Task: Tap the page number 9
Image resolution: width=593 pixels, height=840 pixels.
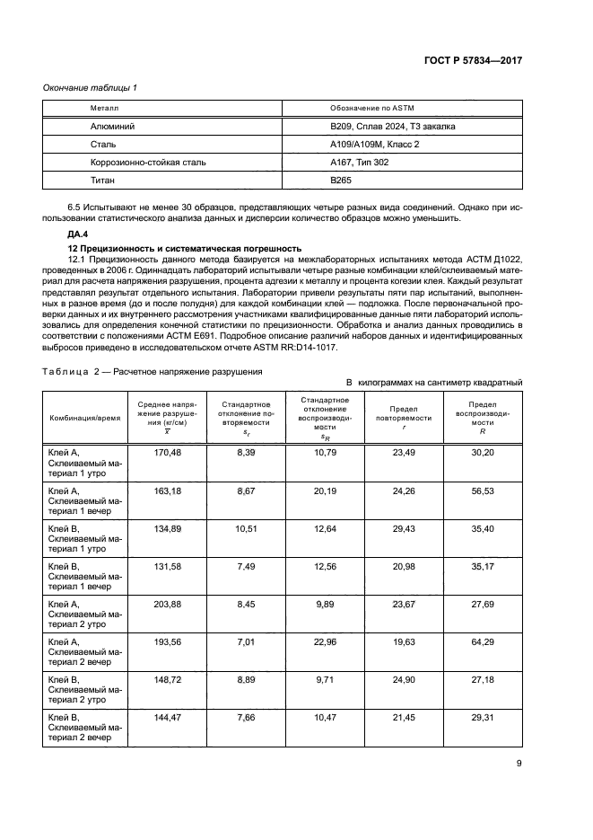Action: click(519, 764)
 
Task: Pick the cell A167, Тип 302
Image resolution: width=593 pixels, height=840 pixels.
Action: click(360, 163)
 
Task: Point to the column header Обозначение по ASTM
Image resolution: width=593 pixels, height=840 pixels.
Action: click(368, 107)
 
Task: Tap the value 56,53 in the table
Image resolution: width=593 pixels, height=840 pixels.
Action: click(483, 491)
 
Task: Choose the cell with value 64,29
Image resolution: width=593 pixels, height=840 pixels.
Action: click(483, 641)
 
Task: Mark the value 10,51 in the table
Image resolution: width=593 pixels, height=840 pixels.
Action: click(247, 528)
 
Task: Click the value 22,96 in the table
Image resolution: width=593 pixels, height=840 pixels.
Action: click(325, 641)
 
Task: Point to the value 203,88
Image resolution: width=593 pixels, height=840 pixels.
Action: click(168, 604)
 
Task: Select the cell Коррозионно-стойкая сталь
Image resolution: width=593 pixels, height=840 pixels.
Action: click(135, 163)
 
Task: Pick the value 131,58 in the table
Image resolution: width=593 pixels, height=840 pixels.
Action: click(168, 566)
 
